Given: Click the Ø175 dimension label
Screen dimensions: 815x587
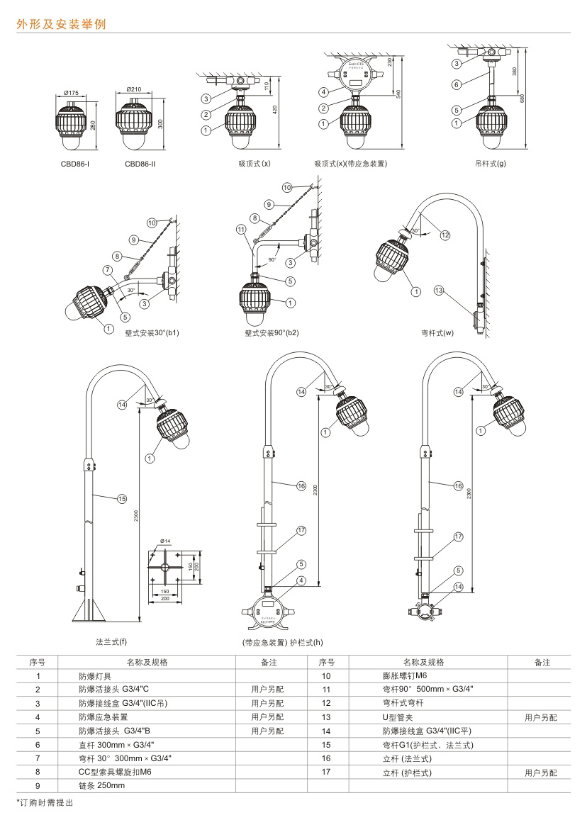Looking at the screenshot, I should [70, 93].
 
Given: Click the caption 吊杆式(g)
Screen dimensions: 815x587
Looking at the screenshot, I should [490, 164].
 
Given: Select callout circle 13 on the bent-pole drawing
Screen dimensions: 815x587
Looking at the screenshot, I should [439, 291].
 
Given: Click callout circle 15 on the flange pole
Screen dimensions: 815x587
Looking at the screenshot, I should [121, 499].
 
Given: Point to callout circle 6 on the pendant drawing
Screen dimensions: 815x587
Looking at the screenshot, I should [457, 84].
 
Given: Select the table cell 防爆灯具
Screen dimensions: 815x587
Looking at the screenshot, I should [95, 676].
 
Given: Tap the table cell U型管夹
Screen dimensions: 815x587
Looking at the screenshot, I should [398, 718].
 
